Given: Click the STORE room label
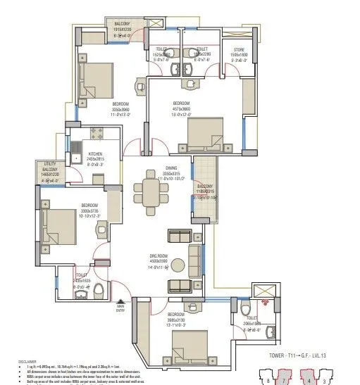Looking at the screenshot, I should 238,49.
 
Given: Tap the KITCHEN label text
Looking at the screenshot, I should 94,155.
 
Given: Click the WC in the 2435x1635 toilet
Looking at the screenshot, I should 99,291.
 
